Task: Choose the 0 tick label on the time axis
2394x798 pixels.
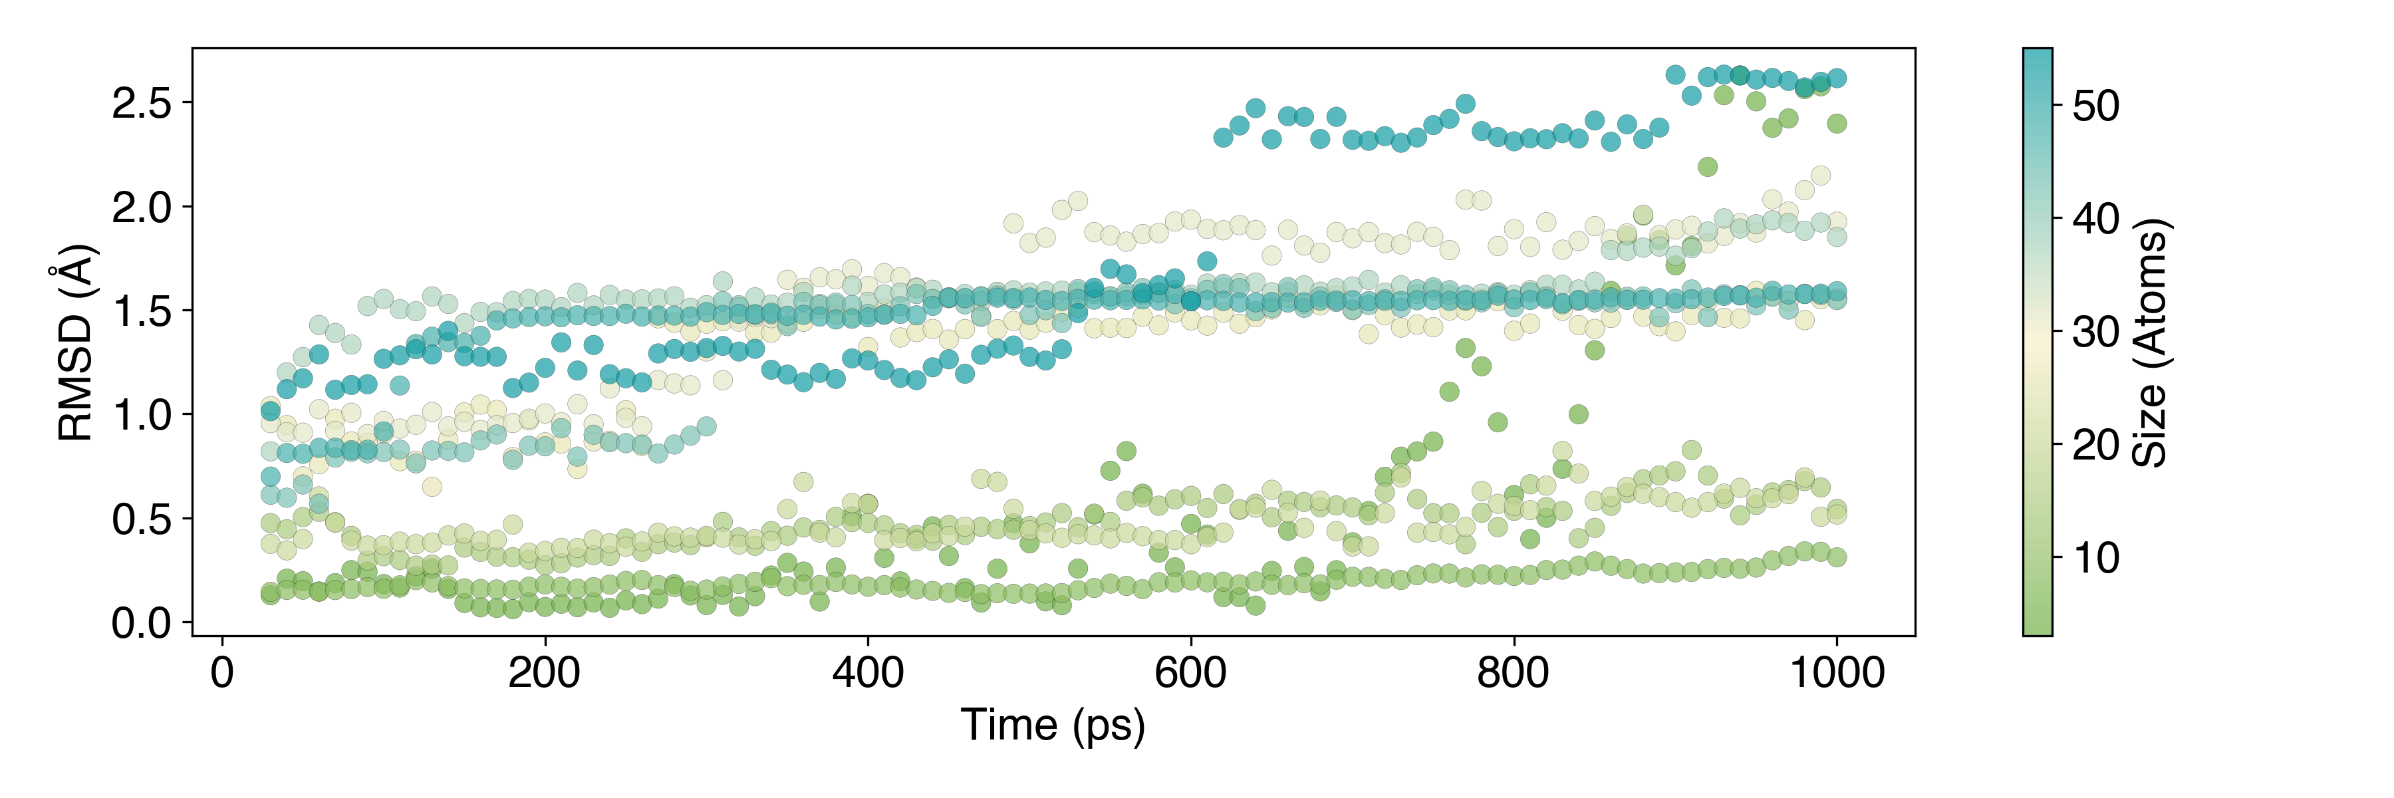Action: coord(222,672)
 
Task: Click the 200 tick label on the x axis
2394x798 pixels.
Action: coord(545,672)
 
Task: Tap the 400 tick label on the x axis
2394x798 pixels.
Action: coord(867,672)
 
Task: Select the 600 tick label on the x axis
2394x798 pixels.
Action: coord(1190,672)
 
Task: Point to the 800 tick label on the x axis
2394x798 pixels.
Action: coord(1513,672)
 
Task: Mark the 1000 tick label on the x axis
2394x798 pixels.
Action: coord(1836,672)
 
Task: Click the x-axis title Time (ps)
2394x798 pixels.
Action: coord(1053,726)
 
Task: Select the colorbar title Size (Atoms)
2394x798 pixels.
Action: coord(2149,342)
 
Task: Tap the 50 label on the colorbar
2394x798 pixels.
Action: coord(2097,106)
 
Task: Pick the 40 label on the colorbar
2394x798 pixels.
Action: coord(2097,219)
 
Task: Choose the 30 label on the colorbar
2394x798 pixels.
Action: coord(2097,332)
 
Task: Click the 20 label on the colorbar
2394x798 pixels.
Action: coord(2097,445)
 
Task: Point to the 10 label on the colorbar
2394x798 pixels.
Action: coord(2097,557)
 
